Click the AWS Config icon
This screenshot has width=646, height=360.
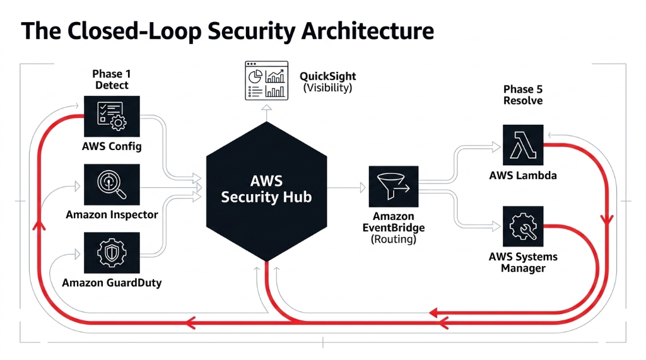coord(111,117)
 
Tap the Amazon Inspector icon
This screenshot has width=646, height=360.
coord(111,185)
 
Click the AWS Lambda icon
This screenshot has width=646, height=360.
coord(523,145)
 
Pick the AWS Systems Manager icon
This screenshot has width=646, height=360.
coord(523,226)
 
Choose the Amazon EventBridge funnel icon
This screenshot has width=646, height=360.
coord(393,187)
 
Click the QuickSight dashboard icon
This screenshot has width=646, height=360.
coord(266,80)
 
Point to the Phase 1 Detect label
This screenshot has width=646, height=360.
coord(112,79)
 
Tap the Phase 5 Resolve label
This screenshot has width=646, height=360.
coord(522,95)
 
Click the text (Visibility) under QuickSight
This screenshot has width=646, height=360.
coord(327,88)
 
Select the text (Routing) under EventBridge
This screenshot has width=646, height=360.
coord(393,239)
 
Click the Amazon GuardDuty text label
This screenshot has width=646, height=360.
coord(112,283)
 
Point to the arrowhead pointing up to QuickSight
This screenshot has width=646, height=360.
coord(266,108)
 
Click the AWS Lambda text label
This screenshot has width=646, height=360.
coord(523,175)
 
